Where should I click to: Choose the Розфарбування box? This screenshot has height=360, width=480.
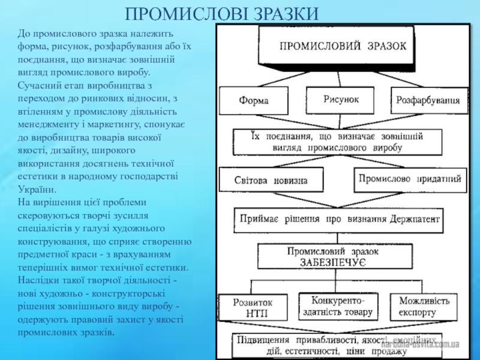(x=428, y=100)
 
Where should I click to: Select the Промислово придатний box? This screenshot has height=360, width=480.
(x=410, y=179)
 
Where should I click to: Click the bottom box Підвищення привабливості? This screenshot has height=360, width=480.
(x=336, y=345)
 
